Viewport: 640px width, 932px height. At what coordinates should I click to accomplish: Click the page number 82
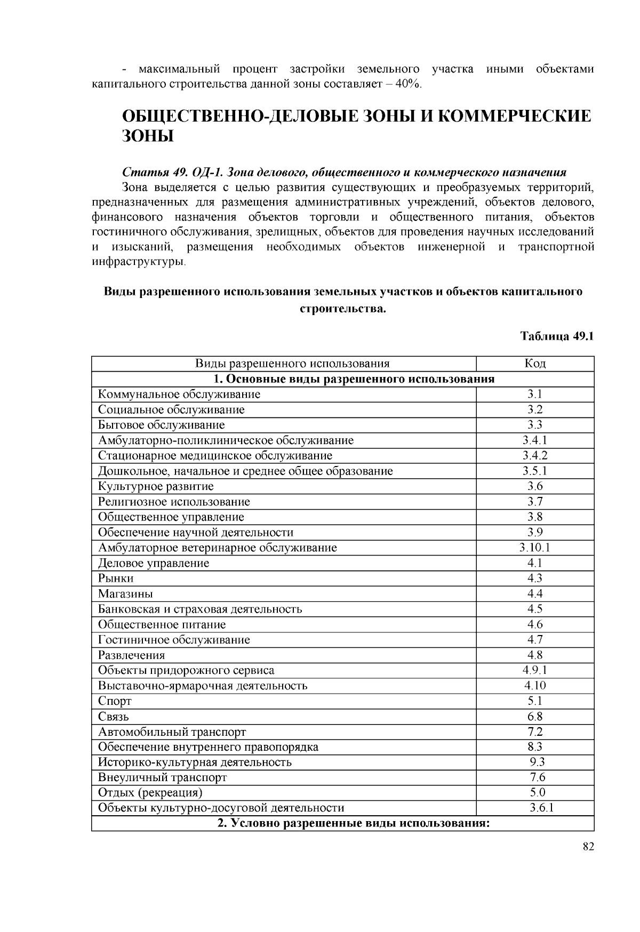tap(588, 847)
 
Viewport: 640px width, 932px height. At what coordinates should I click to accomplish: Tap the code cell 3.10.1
tap(535, 548)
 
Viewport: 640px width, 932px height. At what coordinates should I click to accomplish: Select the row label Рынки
tap(116, 579)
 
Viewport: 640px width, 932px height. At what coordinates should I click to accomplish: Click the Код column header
tap(535, 364)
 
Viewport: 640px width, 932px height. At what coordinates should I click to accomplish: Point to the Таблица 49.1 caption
tap(557, 336)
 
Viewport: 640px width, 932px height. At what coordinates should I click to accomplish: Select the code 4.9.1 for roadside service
tap(535, 670)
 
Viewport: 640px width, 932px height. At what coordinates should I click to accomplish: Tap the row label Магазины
tap(125, 594)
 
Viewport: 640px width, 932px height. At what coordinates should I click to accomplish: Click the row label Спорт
tap(115, 701)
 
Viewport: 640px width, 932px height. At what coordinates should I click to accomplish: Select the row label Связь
tap(114, 717)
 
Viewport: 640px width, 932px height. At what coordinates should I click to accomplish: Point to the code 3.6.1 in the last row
tap(541, 808)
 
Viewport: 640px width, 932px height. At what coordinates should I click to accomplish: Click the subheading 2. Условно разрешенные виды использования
tap(353, 823)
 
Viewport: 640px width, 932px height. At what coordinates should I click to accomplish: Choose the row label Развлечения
tap(131, 655)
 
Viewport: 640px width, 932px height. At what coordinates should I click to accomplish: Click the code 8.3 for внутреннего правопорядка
tap(535, 747)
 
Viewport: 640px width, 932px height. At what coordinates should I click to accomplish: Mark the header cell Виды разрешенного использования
tap(292, 364)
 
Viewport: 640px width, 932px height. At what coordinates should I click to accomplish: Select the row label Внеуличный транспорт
tap(162, 777)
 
